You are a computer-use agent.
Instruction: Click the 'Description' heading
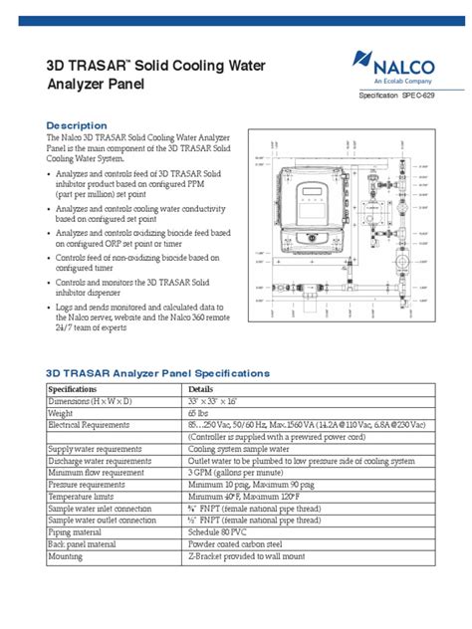(x=77, y=124)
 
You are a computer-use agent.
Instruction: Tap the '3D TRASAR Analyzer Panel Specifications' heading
(x=158, y=373)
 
